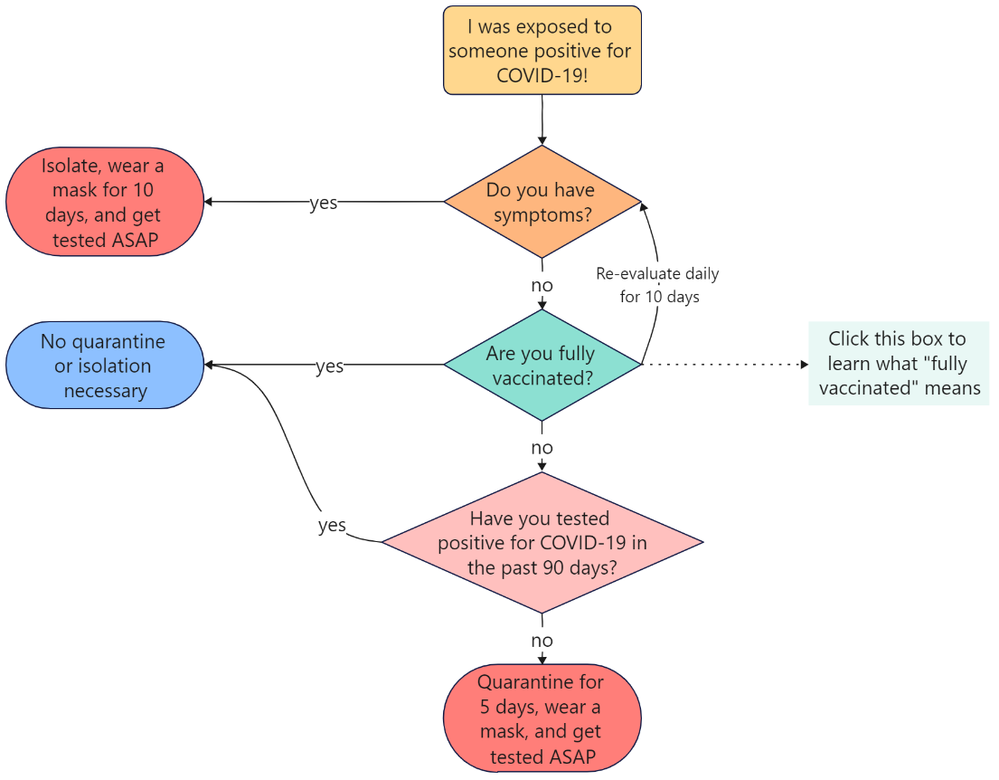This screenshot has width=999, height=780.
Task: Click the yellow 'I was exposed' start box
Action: tap(542, 50)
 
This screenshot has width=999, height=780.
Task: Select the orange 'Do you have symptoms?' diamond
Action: tap(542, 202)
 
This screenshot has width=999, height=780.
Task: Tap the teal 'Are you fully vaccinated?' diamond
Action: tap(542, 365)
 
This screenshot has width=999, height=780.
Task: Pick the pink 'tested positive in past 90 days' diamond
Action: tap(542, 543)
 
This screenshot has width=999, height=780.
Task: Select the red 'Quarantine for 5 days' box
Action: tap(542, 719)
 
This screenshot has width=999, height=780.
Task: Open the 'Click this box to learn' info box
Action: tap(899, 364)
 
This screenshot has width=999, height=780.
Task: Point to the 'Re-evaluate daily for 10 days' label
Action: tap(658, 285)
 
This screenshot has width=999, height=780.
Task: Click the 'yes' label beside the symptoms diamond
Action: tap(323, 203)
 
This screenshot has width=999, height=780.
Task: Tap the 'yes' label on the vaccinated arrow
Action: tap(329, 366)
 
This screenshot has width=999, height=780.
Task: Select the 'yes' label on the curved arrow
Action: tap(332, 525)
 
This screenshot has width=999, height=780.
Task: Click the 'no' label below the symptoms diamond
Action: tap(542, 285)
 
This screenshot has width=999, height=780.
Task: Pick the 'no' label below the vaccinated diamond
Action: tap(542, 448)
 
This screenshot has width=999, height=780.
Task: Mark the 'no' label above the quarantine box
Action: tap(542, 641)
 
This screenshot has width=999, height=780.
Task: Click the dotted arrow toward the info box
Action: tap(723, 365)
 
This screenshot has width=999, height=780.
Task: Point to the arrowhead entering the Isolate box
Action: tap(211, 202)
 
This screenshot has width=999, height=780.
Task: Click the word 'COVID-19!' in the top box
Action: tap(542, 75)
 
